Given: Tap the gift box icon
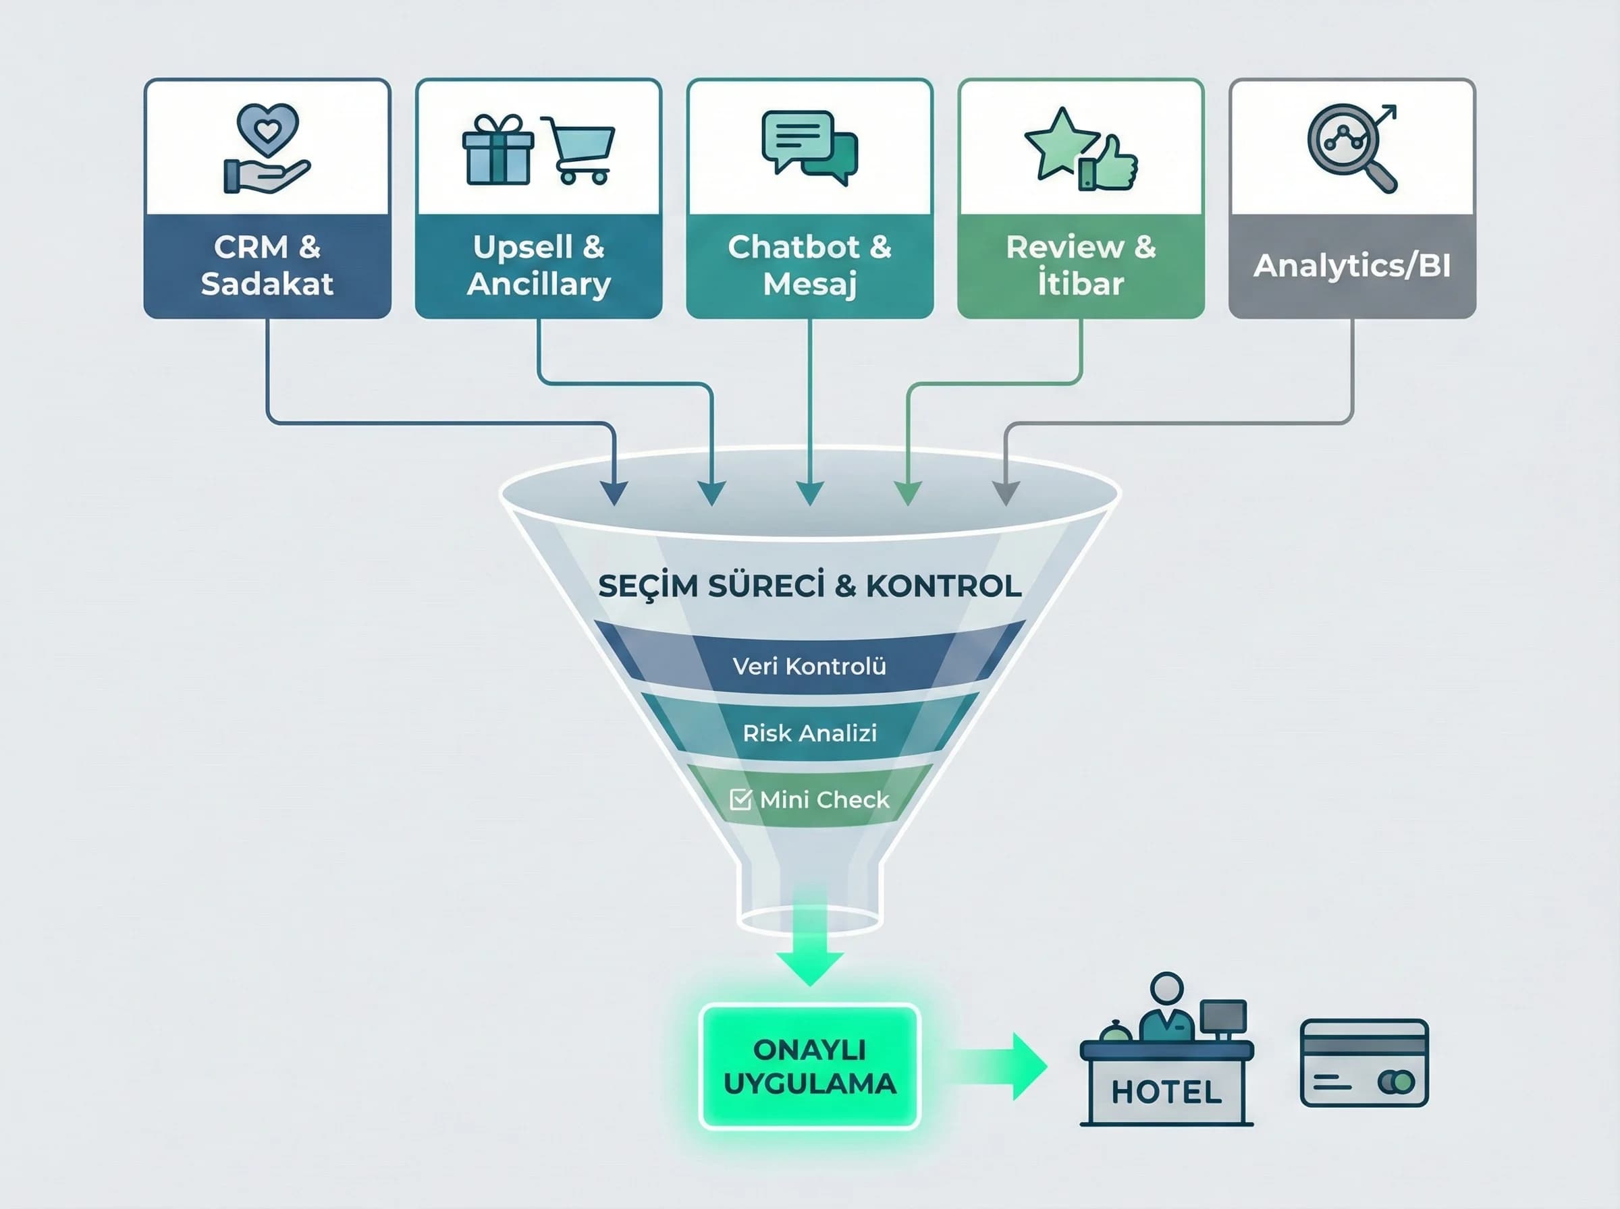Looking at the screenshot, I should point(497,150).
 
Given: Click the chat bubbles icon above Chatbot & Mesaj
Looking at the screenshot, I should point(809,146).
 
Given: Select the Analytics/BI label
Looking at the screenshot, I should point(1351,266).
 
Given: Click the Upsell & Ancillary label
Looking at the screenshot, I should point(538,266).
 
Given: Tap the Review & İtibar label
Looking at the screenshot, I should point(1081,266).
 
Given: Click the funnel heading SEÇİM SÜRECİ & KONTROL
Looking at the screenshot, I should point(809,586).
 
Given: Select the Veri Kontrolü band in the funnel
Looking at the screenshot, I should point(809,666).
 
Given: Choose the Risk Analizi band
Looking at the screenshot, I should point(809,733).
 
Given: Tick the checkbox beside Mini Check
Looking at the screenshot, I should point(740,799).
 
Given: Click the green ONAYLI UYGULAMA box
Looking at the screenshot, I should point(809,1066).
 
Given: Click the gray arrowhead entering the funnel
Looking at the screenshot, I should point(1005,493).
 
